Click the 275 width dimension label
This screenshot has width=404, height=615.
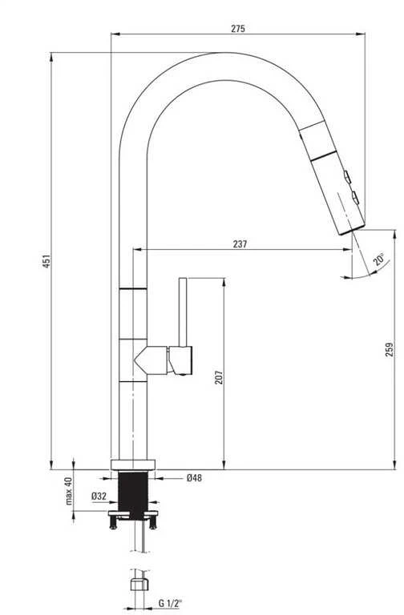pyautogui.click(x=238, y=28)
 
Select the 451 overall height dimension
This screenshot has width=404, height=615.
pyautogui.click(x=46, y=261)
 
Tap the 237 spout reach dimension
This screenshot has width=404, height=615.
pyautogui.click(x=240, y=244)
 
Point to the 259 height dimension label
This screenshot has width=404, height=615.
pyautogui.click(x=389, y=349)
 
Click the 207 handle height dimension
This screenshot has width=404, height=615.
pyautogui.click(x=219, y=377)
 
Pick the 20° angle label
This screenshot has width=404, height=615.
pyautogui.click(x=379, y=259)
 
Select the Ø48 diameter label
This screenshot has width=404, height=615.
pyautogui.click(x=194, y=478)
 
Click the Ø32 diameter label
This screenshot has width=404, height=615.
pyautogui.click(x=99, y=496)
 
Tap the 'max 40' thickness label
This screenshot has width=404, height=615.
pyautogui.click(x=68, y=491)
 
